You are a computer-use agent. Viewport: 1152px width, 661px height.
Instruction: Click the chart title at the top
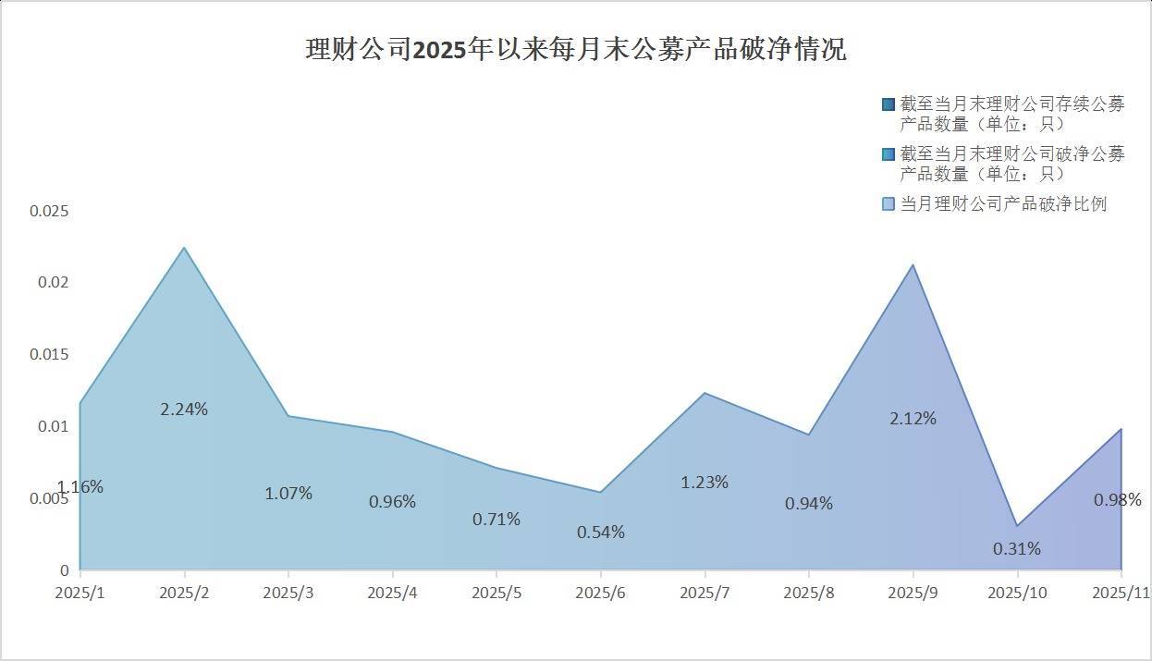coord(575,49)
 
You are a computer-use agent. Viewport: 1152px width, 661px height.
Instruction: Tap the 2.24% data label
coord(184,409)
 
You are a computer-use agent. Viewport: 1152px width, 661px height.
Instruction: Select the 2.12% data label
coord(913,418)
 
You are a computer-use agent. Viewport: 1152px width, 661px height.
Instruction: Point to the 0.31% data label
coord(1017,548)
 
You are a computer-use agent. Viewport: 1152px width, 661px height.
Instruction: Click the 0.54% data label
coord(601,532)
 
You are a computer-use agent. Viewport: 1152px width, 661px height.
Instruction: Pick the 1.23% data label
coord(705,482)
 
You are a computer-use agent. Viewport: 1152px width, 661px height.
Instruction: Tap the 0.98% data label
coord(1117,499)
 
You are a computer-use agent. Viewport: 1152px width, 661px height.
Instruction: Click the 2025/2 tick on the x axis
coord(184,592)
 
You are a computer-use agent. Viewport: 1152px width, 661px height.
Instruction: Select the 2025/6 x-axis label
coord(601,592)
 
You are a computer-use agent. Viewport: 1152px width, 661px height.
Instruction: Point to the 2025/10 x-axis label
coord(1017,592)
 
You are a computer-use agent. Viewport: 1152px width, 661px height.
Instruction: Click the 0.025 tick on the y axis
coord(49,211)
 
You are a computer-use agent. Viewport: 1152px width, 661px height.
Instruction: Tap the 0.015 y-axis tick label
coord(49,355)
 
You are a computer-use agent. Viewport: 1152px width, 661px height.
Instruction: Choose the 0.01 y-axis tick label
coord(53,426)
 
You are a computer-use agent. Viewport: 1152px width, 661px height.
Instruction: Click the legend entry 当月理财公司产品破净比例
coord(1003,203)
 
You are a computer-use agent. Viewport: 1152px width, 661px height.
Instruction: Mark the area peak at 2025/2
coord(184,248)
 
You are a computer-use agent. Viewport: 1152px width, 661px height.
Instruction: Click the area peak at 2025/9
coord(913,265)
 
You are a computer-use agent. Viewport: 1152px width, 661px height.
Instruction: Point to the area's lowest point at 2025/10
coord(1017,526)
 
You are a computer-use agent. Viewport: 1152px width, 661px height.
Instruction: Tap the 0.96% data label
coord(392,502)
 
